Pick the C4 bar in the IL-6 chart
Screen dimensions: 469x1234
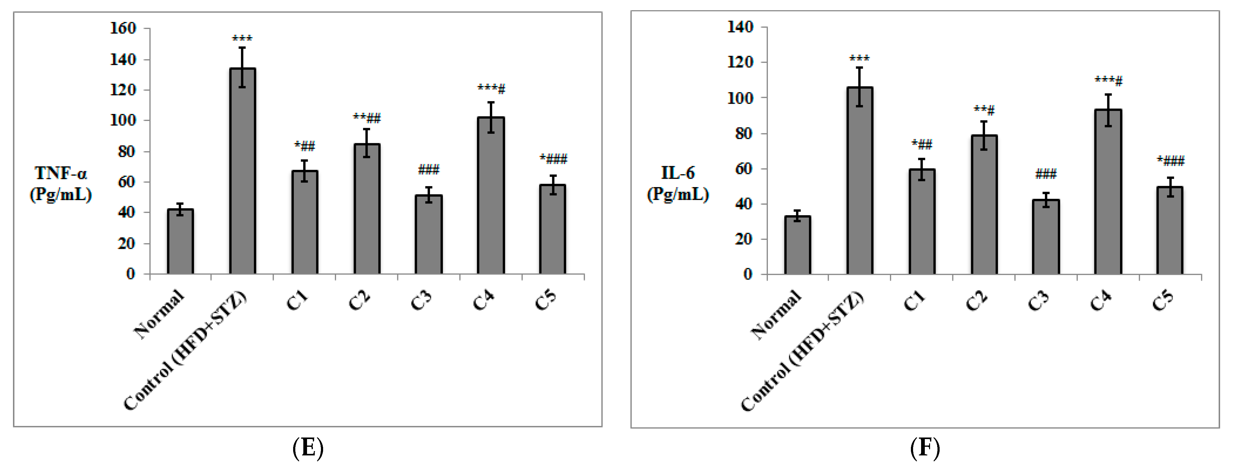pos(1108,192)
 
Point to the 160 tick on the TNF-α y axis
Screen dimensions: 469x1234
pos(123,28)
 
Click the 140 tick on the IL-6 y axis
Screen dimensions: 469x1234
pos(740,27)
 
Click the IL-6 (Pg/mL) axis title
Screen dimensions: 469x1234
pos(678,183)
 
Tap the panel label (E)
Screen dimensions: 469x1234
pos(308,448)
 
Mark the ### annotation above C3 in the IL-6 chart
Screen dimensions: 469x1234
pos(1046,174)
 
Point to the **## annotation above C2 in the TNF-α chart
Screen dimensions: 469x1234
pos(367,118)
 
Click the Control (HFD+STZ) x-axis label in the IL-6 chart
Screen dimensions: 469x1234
pos(802,352)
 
